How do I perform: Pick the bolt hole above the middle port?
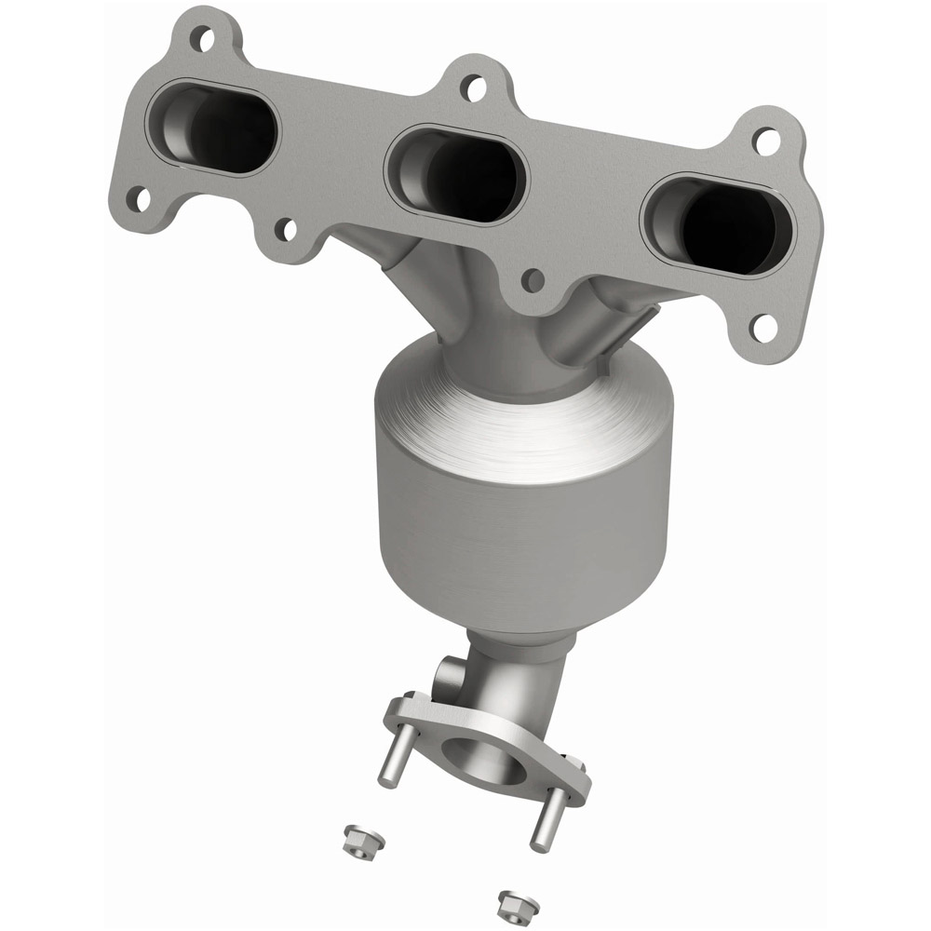click(474, 88)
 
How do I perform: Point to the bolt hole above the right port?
click(765, 142)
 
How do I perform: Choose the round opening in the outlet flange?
click(484, 754)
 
